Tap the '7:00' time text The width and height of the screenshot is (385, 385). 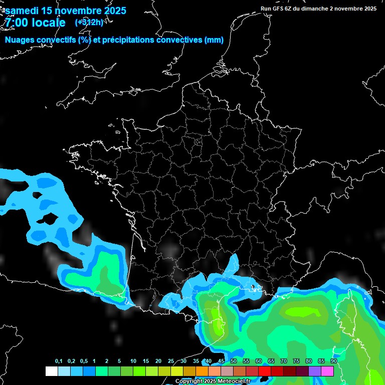(x=17, y=23)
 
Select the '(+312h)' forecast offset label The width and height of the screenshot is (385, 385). (x=89, y=22)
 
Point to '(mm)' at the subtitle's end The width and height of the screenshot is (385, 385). (x=214, y=40)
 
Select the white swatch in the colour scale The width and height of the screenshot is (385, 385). (x=52, y=371)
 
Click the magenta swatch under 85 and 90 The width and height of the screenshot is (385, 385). (x=327, y=371)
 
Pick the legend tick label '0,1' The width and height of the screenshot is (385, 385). (x=59, y=361)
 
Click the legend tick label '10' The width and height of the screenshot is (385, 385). (x=133, y=361)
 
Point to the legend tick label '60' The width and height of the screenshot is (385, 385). (x=259, y=361)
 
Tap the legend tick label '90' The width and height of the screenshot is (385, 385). (x=333, y=361)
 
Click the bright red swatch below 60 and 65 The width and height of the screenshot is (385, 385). (x=265, y=371)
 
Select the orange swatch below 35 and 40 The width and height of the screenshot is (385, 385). (x=202, y=371)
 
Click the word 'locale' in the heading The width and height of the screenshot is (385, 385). (x=49, y=23)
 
